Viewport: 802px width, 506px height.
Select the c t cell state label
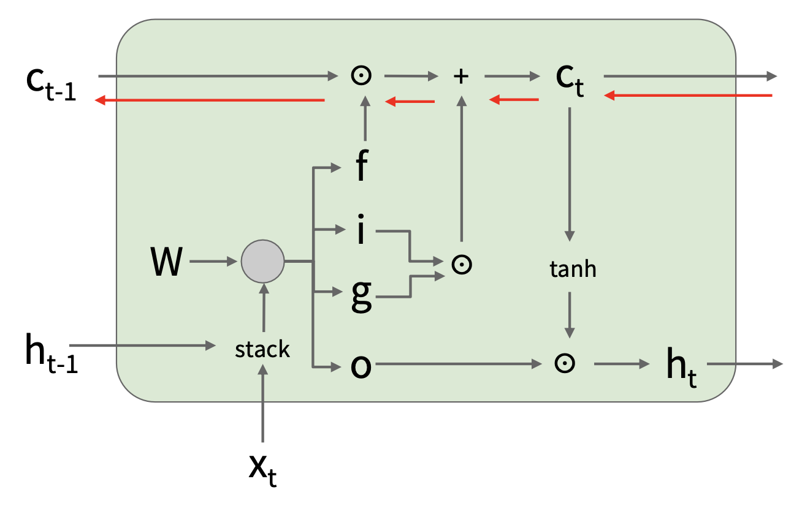coord(568,80)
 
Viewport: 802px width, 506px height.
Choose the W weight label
coord(166,262)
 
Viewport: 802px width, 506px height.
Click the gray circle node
coord(262,262)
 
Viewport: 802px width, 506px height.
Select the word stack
coord(262,349)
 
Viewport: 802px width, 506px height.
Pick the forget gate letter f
coord(361,167)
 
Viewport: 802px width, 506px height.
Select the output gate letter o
coord(361,366)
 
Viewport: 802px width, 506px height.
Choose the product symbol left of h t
coord(564,363)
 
